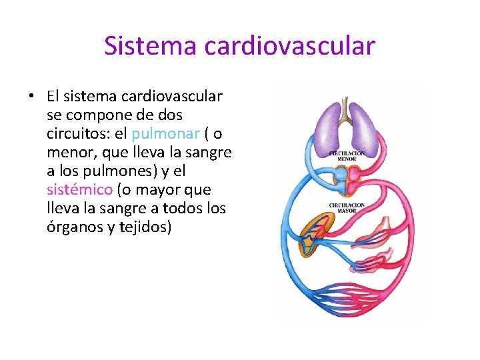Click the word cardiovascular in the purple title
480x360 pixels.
tap(290, 46)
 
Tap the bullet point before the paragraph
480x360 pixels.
tap(31, 96)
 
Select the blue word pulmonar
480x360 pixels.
tap(167, 133)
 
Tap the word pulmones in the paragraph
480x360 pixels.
tap(124, 171)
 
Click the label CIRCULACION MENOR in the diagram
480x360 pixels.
tap(346, 157)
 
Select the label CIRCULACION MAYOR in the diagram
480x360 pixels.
tap(346, 207)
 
